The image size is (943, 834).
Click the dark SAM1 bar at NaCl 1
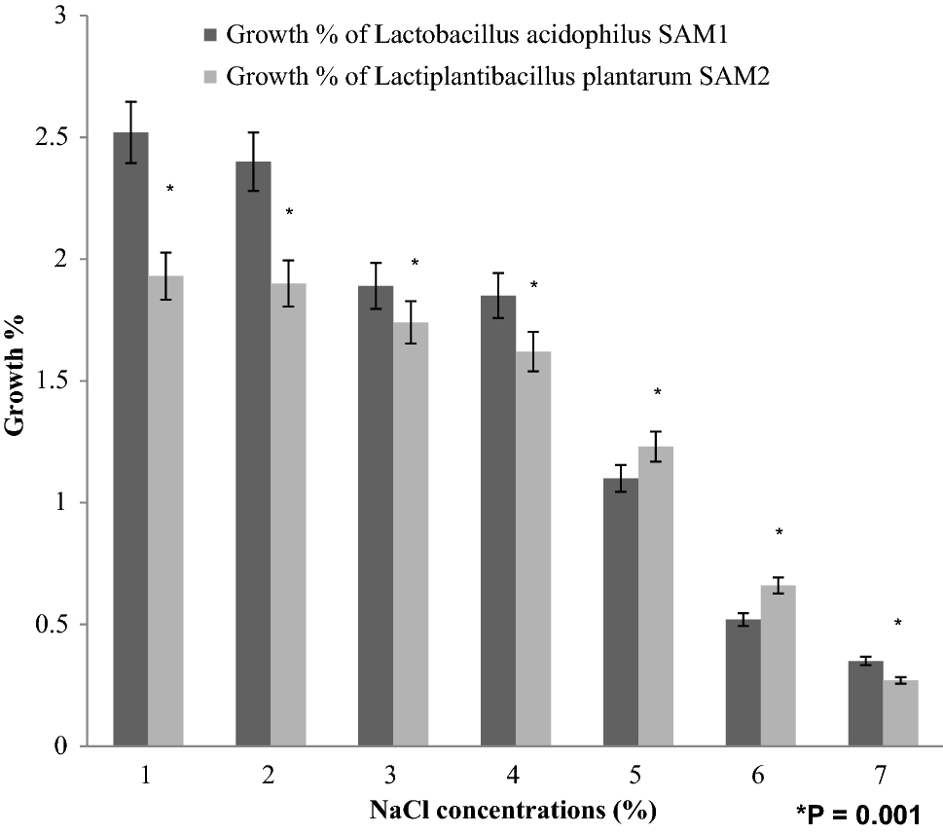(130, 439)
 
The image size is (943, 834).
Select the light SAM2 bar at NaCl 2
(288, 515)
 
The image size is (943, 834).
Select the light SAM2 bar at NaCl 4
(533, 549)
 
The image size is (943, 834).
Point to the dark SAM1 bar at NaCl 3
(376, 516)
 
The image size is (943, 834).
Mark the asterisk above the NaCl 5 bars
(657, 393)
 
